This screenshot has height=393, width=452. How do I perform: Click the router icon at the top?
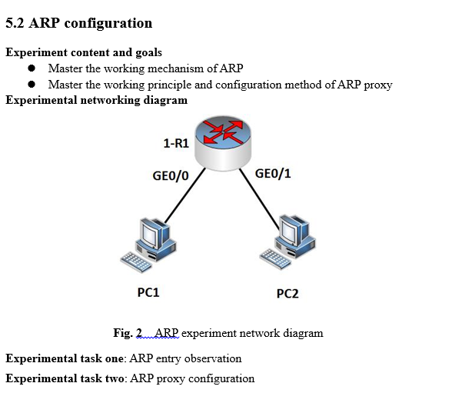pyautogui.click(x=222, y=138)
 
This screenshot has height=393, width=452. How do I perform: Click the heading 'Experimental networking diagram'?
pyautogui.click(x=96, y=100)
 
